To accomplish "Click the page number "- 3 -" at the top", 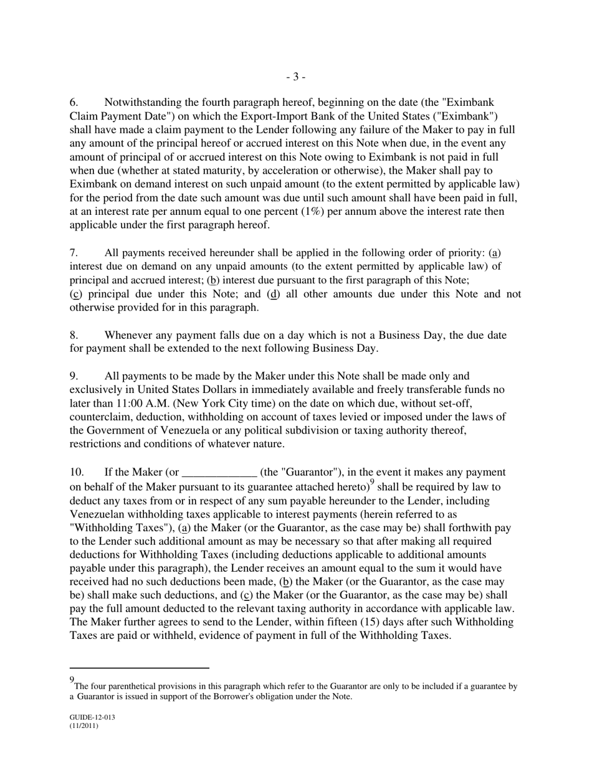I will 295,77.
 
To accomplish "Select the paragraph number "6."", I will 74,102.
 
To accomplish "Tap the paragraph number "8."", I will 74,336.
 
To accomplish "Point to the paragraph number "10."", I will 77,473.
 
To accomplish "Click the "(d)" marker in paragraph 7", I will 273,294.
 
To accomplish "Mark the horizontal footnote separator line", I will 139,668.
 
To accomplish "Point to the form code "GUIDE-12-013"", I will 92,717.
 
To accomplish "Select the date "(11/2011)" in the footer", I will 84,726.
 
